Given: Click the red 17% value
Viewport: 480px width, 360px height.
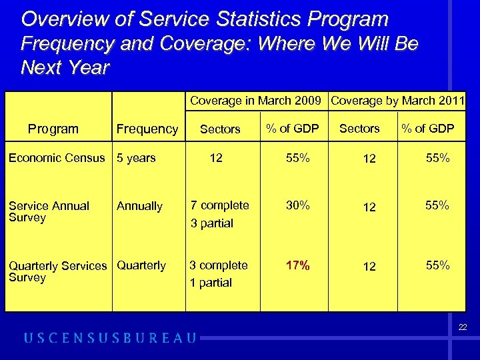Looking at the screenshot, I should click(x=297, y=265).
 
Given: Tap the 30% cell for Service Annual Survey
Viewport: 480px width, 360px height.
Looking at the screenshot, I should click(x=297, y=205).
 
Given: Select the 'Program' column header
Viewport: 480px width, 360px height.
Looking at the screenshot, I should click(x=53, y=129).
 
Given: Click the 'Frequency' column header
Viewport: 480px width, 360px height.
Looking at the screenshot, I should click(x=147, y=129).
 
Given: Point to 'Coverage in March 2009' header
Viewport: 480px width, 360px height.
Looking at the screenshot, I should click(x=257, y=101).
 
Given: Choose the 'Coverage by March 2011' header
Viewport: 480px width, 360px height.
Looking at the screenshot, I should click(x=397, y=101).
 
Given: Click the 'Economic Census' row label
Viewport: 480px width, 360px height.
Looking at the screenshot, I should click(x=57, y=158).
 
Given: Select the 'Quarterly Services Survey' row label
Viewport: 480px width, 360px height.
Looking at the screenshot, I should click(x=57, y=271).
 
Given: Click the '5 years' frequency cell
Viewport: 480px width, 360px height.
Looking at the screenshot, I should click(x=136, y=158).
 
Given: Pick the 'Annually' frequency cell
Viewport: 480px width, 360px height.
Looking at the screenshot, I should click(x=139, y=206).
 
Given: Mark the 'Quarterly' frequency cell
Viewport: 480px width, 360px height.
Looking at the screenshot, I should click(x=141, y=265).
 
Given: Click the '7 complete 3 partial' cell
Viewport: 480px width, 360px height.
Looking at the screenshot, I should click(x=219, y=214).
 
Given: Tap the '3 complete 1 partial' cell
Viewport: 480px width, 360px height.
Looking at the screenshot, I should click(x=219, y=273).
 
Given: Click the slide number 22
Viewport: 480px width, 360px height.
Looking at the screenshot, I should click(x=463, y=327).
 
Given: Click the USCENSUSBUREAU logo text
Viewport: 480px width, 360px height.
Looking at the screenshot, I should click(x=111, y=338).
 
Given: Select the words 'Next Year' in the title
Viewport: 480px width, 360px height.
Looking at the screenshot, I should click(x=65, y=67).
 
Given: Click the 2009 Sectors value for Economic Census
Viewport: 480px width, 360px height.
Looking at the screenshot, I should click(x=216, y=158).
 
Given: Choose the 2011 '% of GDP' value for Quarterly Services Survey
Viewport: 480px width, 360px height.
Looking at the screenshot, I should click(x=438, y=265).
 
